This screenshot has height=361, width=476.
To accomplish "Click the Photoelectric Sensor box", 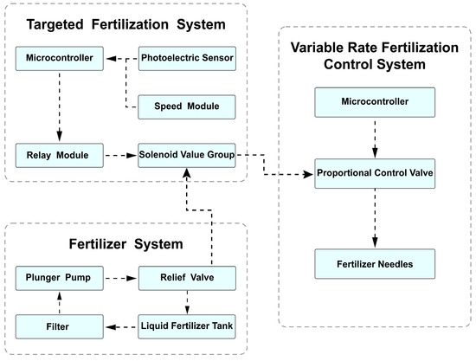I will (187, 59).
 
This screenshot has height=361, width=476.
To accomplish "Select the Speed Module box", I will (187, 106).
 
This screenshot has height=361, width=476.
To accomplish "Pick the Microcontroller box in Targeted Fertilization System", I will (58, 59).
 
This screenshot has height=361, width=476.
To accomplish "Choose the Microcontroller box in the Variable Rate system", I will (374, 105).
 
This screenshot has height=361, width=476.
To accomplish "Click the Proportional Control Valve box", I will (374, 173).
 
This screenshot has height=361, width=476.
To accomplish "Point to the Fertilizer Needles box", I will (374, 261).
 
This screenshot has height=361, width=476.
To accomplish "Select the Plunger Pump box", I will (58, 280).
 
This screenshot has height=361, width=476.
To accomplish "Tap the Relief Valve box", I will (187, 280).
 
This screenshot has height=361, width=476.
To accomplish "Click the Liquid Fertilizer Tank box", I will (187, 328).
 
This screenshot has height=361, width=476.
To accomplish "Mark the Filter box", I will (58, 328).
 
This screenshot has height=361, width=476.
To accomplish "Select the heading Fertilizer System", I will (126, 244).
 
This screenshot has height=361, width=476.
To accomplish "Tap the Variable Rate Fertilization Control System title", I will (375, 55).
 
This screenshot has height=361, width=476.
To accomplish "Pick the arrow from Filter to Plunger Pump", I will (58, 304).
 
